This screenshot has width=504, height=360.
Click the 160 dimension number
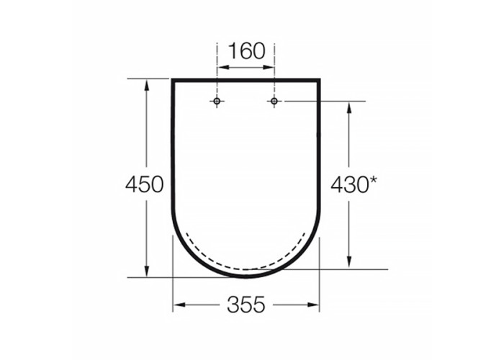(246, 51)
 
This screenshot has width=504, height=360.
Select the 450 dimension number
(144, 184)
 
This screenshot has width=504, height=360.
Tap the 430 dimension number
(349, 185)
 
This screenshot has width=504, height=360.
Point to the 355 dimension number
(246, 305)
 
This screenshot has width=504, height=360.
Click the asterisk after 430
(373, 180)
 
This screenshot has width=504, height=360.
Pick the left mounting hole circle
(217, 102)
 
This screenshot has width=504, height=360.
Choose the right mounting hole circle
(274, 102)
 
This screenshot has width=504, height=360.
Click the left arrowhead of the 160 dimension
(223, 67)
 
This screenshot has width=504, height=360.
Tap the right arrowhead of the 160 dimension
(268, 67)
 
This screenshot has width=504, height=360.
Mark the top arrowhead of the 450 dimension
(147, 85)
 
